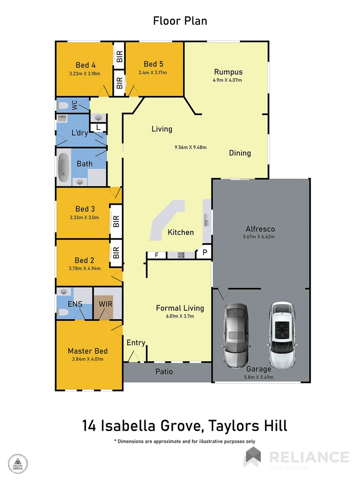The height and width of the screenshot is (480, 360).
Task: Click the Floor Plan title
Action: [x=180, y=20]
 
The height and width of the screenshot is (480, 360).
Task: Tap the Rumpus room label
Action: [x=228, y=72]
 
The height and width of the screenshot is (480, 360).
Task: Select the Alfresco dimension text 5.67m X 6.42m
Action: [x=260, y=236]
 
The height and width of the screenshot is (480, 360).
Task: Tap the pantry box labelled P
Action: [x=205, y=252]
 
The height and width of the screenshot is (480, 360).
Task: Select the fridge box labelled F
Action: [x=157, y=255]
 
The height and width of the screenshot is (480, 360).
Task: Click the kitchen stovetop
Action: [x=181, y=255]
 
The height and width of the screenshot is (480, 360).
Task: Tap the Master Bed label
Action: [x=88, y=351]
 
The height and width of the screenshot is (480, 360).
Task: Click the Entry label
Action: [x=136, y=342]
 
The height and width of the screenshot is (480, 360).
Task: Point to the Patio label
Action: [x=164, y=372]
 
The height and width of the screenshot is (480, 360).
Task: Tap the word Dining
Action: [x=240, y=153]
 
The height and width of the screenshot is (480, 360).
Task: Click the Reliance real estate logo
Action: [x=296, y=457]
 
